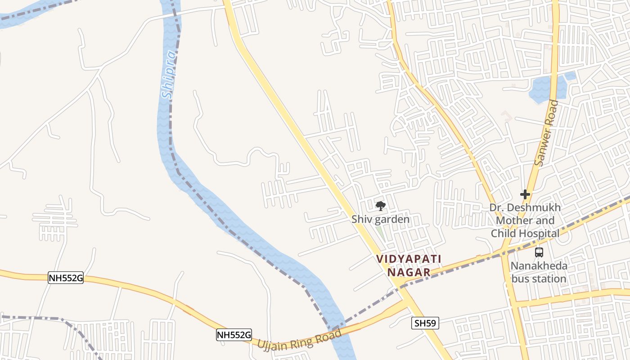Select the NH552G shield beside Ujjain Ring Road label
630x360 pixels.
tap(234, 335)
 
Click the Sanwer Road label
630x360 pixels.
tap(546, 133)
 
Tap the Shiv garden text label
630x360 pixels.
tap(380, 219)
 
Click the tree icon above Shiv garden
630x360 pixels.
tap(380, 206)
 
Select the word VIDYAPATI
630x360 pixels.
tap(409, 259)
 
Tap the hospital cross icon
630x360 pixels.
tap(525, 194)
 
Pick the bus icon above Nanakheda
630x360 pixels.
tap(539, 252)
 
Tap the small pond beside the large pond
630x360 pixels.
tap(570, 76)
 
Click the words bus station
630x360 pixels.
tap(539, 279)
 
